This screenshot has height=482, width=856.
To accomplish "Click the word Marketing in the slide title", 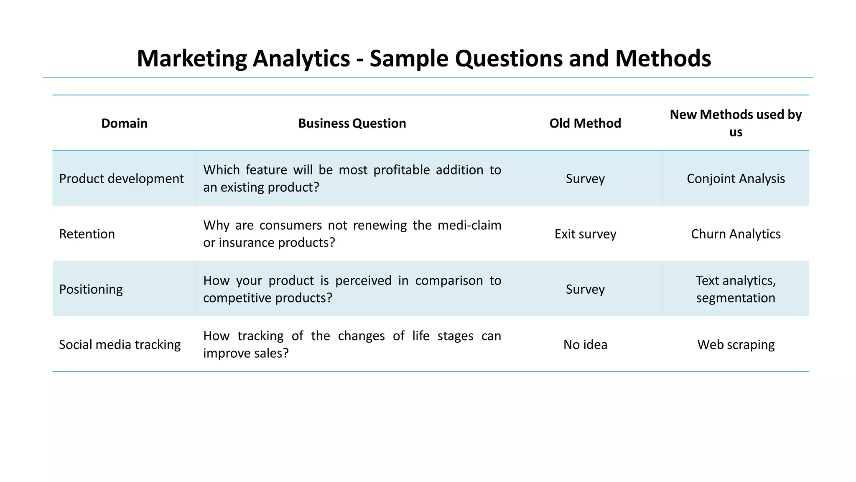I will coord(192,59).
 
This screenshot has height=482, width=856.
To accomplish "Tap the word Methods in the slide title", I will coord(663,59).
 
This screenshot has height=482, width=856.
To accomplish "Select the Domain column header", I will coord(124,123).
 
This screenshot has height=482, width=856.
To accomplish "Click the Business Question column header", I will coord(352,123).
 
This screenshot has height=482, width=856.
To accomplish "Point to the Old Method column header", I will coord(585,123).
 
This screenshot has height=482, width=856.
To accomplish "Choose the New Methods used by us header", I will coord(736,123).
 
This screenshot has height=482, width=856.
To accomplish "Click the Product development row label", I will coord(121,179).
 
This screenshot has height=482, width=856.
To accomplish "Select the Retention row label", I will coord(87,234).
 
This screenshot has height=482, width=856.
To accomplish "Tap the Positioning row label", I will coord(91,289).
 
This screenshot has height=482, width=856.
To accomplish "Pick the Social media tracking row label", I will coord(120,344).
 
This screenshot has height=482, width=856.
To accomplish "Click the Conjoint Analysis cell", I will coord(736,179).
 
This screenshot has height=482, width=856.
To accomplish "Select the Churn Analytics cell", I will coord(736,234).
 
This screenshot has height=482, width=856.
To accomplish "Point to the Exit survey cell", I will coord(585,234).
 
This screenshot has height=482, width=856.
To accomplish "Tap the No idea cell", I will coord(585,344).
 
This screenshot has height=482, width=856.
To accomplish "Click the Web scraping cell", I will coord(736,344).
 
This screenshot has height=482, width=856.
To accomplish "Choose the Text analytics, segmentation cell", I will coord(736,289).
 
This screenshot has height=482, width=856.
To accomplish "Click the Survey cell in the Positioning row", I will coord(585,289).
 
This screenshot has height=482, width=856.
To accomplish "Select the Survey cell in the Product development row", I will coord(585,179).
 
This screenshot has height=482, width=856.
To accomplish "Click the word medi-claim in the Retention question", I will coord(469,225).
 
